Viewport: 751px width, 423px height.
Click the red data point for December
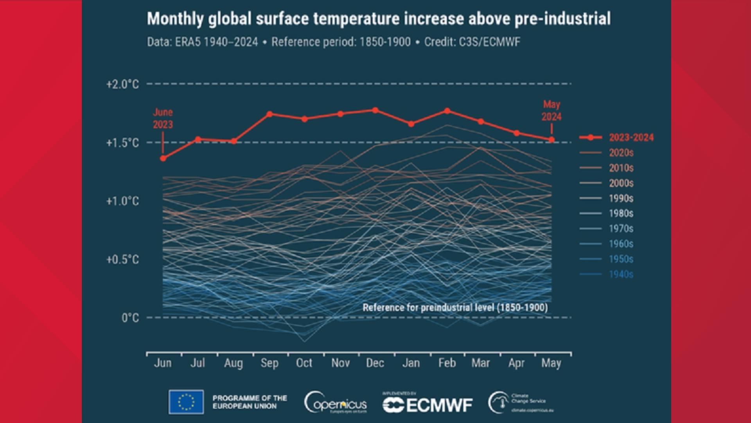coord(375,110)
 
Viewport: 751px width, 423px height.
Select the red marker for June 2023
coord(163,158)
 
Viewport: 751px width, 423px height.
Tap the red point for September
coord(269,114)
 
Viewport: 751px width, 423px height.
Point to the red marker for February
coord(447,111)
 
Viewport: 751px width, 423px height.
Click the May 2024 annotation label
coord(551,110)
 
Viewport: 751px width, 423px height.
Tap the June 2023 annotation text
coord(163,118)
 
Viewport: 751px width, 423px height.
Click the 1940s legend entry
coord(621,274)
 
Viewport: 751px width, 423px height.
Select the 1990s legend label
coord(621,198)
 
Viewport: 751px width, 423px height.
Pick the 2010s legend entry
coord(621,168)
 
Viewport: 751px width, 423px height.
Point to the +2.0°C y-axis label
coord(122,84)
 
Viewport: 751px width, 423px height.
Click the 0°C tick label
coord(130,318)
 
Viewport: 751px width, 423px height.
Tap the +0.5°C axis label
coord(122,259)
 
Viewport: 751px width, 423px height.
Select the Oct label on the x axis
coord(304,363)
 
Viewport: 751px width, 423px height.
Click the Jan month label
coord(411,363)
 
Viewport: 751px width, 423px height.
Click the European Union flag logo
coord(186,402)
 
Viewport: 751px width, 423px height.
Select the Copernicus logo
coord(336,403)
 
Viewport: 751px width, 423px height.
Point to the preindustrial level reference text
coord(455,307)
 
